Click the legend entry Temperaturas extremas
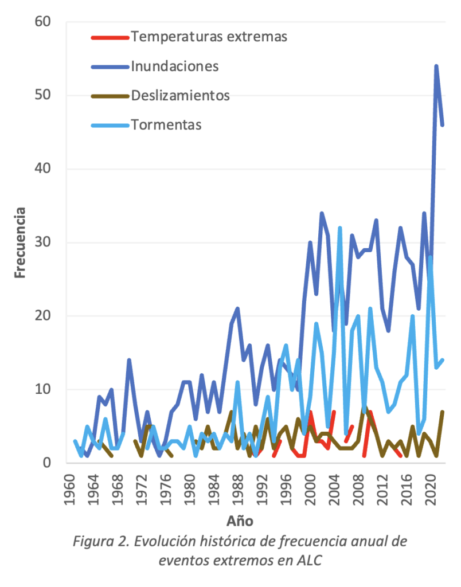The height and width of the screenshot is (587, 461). (x=209, y=37)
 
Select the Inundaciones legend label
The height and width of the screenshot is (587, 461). (x=175, y=66)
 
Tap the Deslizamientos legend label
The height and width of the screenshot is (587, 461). (x=180, y=95)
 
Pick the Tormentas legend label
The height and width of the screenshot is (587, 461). (x=166, y=124)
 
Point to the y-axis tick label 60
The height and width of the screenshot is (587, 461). (x=43, y=22)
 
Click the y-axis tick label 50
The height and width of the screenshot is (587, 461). (x=43, y=95)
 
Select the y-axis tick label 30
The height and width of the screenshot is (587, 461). (x=43, y=242)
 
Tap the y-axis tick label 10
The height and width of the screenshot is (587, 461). (x=43, y=389)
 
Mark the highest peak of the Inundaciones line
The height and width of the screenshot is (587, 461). (x=436, y=66)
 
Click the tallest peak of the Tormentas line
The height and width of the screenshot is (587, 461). (x=340, y=228)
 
